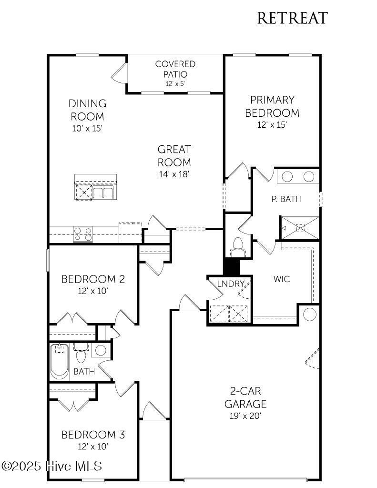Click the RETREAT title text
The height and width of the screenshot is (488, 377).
click(x=292, y=18)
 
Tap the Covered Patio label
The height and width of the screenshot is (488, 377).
click(x=175, y=69)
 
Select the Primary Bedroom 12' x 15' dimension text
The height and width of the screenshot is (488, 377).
click(x=272, y=125)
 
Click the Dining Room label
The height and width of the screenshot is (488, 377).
click(x=87, y=110)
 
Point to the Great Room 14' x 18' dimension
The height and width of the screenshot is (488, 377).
click(x=174, y=174)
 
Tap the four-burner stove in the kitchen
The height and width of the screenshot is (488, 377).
click(x=83, y=234)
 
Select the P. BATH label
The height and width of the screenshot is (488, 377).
click(x=286, y=199)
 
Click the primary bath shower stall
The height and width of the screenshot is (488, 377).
click(x=300, y=228)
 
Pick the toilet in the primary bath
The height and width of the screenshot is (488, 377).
click(x=237, y=246)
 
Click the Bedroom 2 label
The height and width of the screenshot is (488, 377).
click(x=93, y=279)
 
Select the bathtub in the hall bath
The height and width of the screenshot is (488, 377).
click(x=60, y=361)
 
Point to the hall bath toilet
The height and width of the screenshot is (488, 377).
click(x=81, y=355)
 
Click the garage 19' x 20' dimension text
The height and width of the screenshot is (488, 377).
click(x=246, y=416)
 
